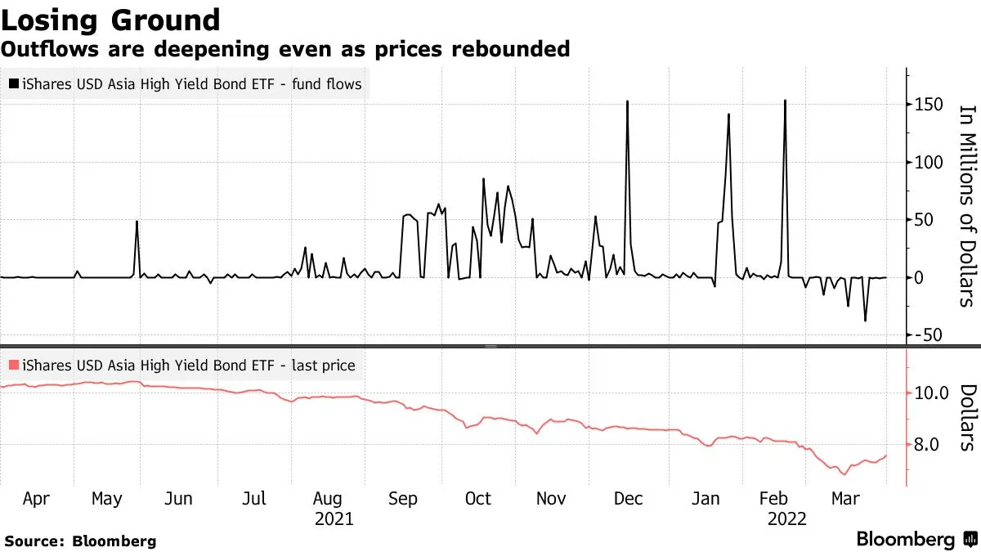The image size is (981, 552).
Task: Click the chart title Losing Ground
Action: click(x=111, y=20)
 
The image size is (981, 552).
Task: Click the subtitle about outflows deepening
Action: click(x=285, y=49)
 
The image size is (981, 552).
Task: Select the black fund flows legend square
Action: click(x=13, y=84)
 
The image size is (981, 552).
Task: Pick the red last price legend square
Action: click(x=13, y=366)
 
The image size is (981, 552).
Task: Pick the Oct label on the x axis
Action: click(x=477, y=498)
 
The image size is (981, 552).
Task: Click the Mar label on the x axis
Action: click(x=844, y=498)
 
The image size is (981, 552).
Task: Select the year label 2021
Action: click(x=333, y=519)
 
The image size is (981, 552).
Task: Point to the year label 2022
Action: click(x=786, y=519)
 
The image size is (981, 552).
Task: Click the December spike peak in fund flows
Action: click(x=627, y=101)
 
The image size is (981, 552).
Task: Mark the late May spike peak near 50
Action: click(x=137, y=222)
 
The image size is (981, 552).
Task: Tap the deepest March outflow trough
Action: click(x=865, y=321)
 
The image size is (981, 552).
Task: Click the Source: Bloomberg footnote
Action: click(x=80, y=541)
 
